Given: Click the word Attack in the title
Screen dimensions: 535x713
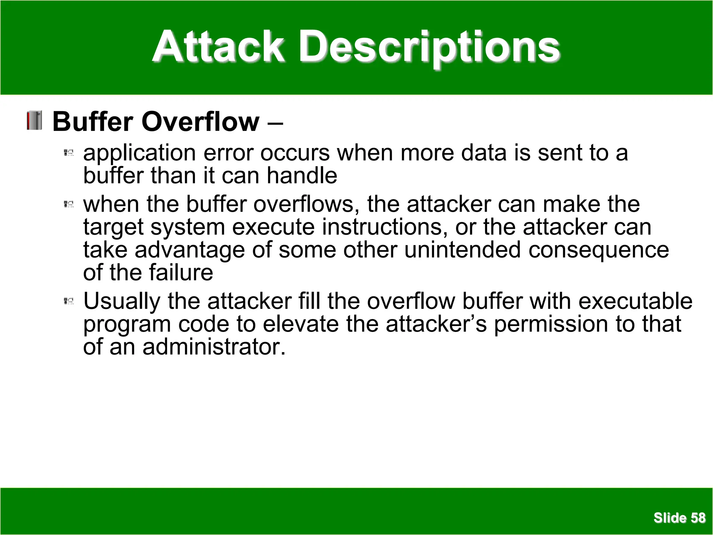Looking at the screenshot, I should coord(219,47).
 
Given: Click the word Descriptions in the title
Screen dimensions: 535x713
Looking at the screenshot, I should coord(430,47).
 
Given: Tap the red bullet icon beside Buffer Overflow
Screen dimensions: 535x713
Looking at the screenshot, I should coord(34,121).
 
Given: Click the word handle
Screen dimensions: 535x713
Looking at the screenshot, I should coord(302,175).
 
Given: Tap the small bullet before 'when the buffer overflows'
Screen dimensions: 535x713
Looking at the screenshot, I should coord(69,204).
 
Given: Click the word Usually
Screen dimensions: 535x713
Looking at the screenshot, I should coord(122,302).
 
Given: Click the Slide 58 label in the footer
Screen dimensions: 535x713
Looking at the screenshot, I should coord(679,518).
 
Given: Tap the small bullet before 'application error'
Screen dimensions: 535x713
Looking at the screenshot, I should coord(69,153).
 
